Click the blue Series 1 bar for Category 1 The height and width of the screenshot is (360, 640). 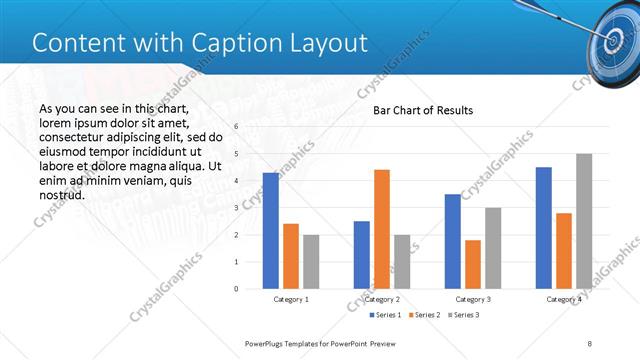coord(271,231)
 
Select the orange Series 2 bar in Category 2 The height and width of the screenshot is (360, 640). coord(382,229)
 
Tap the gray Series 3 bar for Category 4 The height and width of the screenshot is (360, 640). coord(584,221)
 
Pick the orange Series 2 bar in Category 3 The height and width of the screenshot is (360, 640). coord(473,264)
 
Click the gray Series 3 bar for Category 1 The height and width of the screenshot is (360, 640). coord(311,262)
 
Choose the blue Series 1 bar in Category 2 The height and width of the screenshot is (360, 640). coord(361,255)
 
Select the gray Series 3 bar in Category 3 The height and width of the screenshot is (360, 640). coord(493,248)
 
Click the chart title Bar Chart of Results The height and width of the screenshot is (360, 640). coord(423,110)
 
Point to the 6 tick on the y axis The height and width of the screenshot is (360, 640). coord(236,127)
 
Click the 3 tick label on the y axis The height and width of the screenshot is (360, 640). coord(236,208)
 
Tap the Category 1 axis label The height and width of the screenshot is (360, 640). coord(291,299)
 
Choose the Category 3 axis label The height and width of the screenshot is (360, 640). coord(473,299)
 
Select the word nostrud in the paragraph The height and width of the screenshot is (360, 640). coord(60,194)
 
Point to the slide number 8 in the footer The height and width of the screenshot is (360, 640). coord(590,343)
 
